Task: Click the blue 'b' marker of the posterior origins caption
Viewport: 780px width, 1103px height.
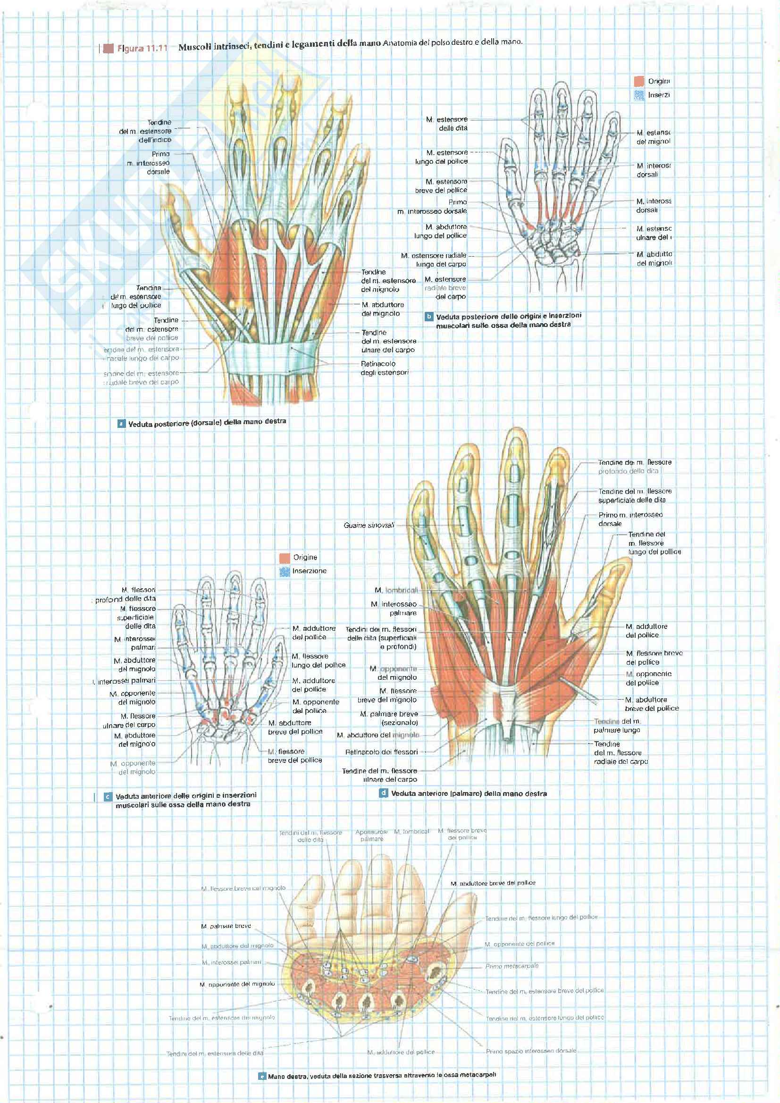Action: pos(430,317)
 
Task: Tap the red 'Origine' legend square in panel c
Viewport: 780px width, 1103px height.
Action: pos(285,558)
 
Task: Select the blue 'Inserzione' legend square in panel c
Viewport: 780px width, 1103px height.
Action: pos(285,571)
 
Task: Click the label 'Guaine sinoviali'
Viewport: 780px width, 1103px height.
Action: pos(369,526)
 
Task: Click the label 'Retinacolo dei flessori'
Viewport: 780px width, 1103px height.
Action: pos(382,752)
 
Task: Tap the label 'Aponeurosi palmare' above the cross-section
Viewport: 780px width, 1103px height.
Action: pos(371,835)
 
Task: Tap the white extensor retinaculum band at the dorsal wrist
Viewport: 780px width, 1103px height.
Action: pos(269,357)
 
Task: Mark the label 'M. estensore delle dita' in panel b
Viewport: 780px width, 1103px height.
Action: pos(446,124)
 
